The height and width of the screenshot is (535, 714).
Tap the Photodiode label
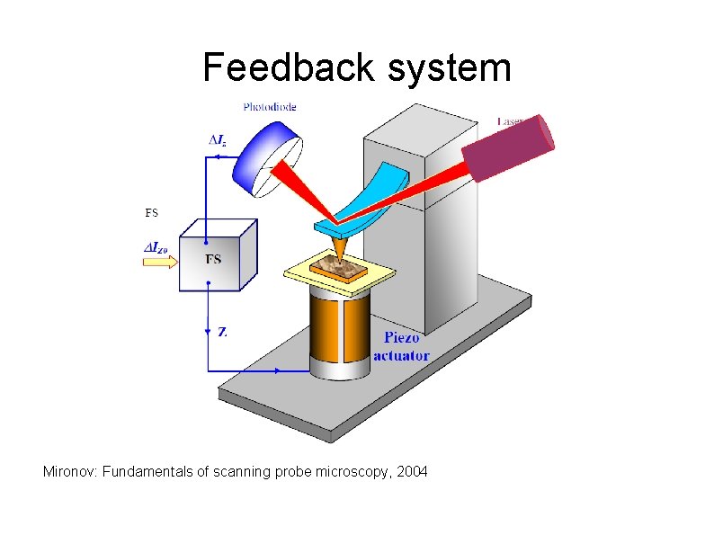click(x=269, y=107)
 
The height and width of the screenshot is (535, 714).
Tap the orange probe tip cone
click(x=340, y=245)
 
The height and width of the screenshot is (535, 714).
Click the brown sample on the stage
click(x=338, y=266)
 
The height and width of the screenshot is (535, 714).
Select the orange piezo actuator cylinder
click(x=339, y=333)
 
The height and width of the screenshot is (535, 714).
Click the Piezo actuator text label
click(x=401, y=347)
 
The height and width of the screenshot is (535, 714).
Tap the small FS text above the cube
click(x=151, y=213)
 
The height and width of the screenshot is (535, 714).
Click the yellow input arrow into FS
click(x=159, y=259)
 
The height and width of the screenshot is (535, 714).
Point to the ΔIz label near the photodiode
click(x=218, y=140)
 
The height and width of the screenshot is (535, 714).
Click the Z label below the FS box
click(x=222, y=332)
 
